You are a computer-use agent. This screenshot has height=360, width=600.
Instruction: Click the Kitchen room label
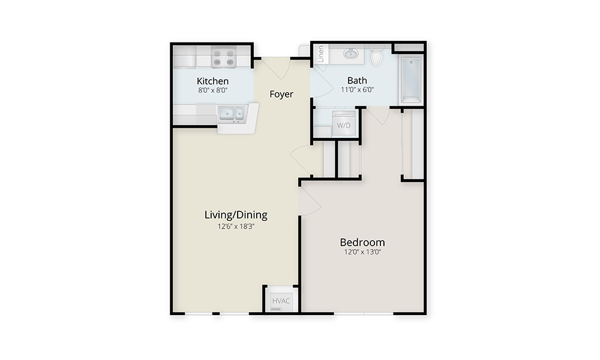coord(213,81)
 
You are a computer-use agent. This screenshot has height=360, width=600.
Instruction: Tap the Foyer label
coord(281,94)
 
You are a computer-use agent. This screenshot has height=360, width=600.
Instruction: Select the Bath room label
coord(357,80)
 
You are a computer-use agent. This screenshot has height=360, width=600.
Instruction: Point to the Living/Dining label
coord(236,215)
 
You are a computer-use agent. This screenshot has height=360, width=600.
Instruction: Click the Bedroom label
coord(362,242)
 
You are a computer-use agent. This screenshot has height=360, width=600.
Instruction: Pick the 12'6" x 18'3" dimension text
coord(236,226)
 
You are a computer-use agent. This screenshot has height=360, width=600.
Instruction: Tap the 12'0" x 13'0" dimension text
coord(362,252)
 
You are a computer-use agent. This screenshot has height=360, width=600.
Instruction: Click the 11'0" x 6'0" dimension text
coord(358,90)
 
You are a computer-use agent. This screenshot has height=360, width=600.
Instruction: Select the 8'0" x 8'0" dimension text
coord(213,90)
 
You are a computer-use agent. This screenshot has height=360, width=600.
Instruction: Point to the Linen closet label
coord(321,53)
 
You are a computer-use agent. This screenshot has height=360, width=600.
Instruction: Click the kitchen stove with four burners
coord(223,58)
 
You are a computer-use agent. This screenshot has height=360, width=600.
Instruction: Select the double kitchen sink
coord(231,114)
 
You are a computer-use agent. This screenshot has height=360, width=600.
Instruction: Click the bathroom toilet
coord(377,55)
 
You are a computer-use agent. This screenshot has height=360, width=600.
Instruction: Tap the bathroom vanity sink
coord(350,53)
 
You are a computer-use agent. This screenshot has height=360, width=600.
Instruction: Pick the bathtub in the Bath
coord(412,80)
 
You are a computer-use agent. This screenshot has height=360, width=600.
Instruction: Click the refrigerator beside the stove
coord(184,57)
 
